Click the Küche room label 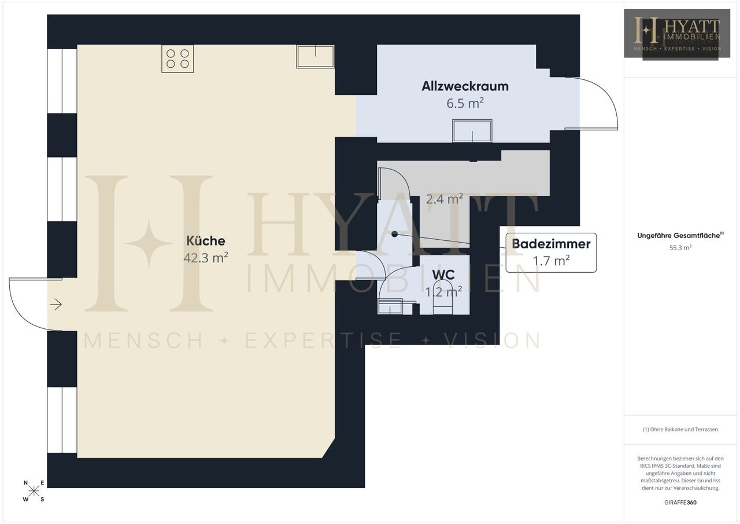pyautogui.click(x=205, y=240)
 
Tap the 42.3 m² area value pyautogui.click(x=205, y=258)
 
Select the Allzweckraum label pyautogui.click(x=465, y=86)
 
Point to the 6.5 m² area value pyautogui.click(x=465, y=103)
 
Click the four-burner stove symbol pyautogui.click(x=177, y=58)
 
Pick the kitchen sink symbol pyautogui.click(x=315, y=57)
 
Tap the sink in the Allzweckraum pyautogui.click(x=472, y=131)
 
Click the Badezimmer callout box pyautogui.click(x=551, y=252)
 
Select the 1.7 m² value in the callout pyautogui.click(x=551, y=261)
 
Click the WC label pyautogui.click(x=443, y=274)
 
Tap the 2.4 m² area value pyautogui.click(x=445, y=199)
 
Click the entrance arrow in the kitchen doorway pyautogui.click(x=56, y=304)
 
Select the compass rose pyautogui.click(x=34, y=491)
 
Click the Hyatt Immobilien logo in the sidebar pyautogui.click(x=677, y=34)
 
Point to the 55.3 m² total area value pyautogui.click(x=680, y=247)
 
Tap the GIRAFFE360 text pyautogui.click(x=680, y=503)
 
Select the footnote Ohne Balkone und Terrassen pyautogui.click(x=680, y=430)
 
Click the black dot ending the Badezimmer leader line pyautogui.click(x=394, y=234)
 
